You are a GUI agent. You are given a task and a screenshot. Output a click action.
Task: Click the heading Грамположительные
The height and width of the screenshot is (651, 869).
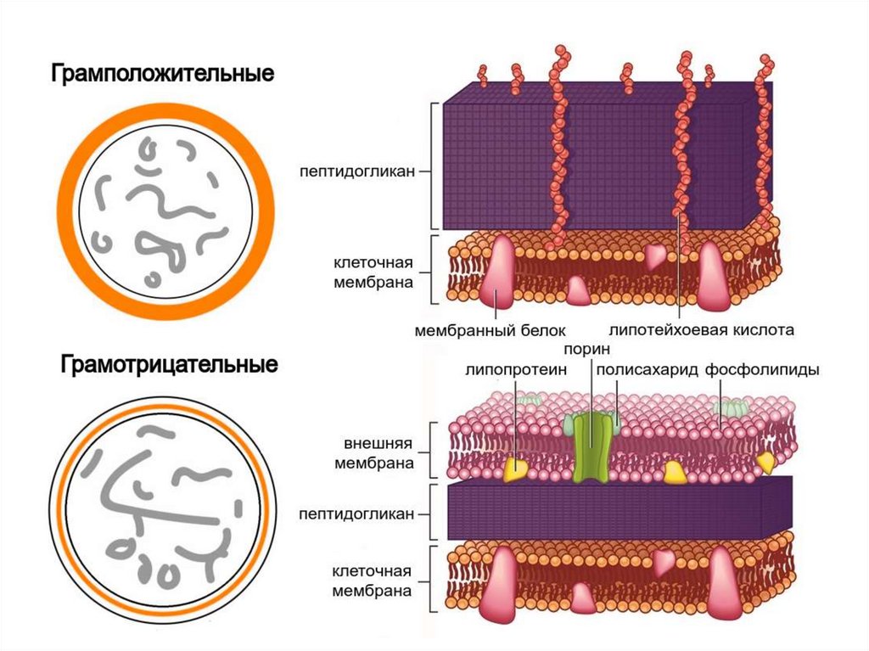164,74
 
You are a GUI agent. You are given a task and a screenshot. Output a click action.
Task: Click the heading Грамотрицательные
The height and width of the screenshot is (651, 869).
169,366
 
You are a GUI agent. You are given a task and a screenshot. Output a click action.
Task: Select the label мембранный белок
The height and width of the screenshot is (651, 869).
490,328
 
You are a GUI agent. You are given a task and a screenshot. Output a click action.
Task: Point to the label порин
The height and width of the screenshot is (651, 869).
582,351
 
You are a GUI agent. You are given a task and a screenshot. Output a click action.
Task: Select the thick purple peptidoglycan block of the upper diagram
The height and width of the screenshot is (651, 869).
594,161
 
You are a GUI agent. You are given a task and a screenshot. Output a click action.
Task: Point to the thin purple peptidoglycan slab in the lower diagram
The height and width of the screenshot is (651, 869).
611,509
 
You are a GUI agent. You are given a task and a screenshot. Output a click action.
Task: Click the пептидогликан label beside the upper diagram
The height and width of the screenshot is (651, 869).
356,171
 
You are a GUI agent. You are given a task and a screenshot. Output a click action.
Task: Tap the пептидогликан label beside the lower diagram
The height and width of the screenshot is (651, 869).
356,514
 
